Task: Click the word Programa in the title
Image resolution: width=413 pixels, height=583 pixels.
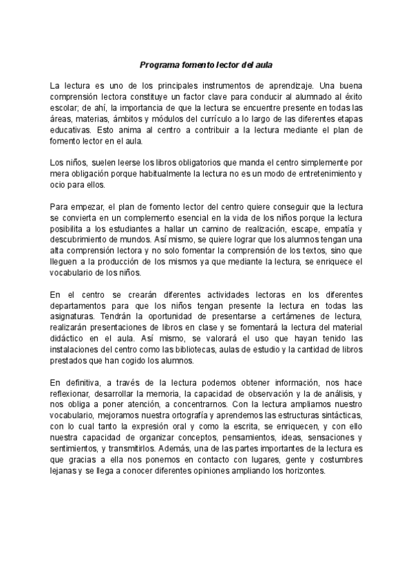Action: pyautogui.click(x=158, y=65)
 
